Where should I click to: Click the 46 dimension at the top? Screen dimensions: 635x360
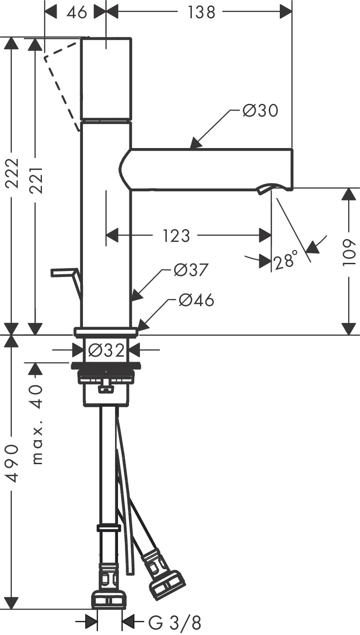pos(76,12)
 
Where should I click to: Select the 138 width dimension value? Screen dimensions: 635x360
pos(201,12)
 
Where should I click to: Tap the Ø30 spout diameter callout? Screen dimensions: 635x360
pos(260,111)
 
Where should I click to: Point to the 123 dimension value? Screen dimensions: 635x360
pos(176,236)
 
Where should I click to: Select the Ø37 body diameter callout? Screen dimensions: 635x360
pos(191,271)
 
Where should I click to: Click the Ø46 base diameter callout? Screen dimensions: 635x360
pos(196,300)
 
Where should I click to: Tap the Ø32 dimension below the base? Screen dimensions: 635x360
pos(106,350)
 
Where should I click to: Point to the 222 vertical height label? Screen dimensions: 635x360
pos(11,173)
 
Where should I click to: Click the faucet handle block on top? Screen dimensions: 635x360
pos(106,79)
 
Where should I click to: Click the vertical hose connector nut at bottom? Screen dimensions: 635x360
pos(108,599)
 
